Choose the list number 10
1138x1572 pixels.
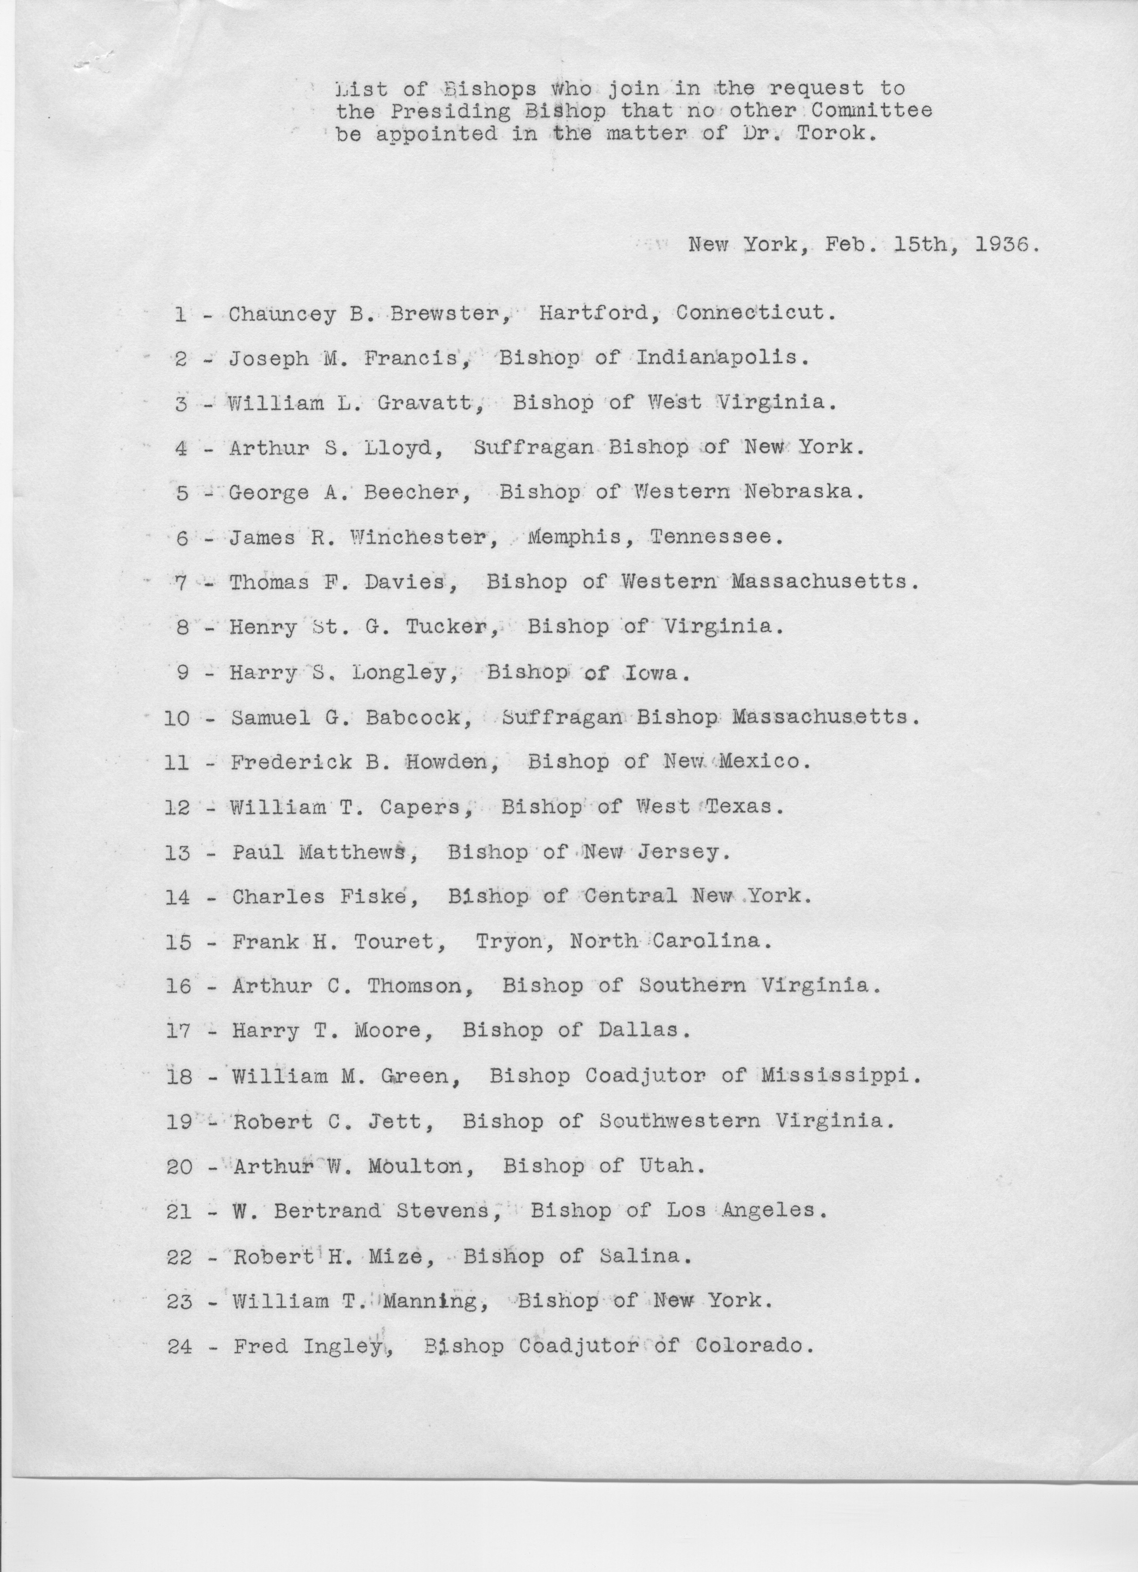pos(177,717)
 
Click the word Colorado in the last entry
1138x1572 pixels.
pos(751,1346)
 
